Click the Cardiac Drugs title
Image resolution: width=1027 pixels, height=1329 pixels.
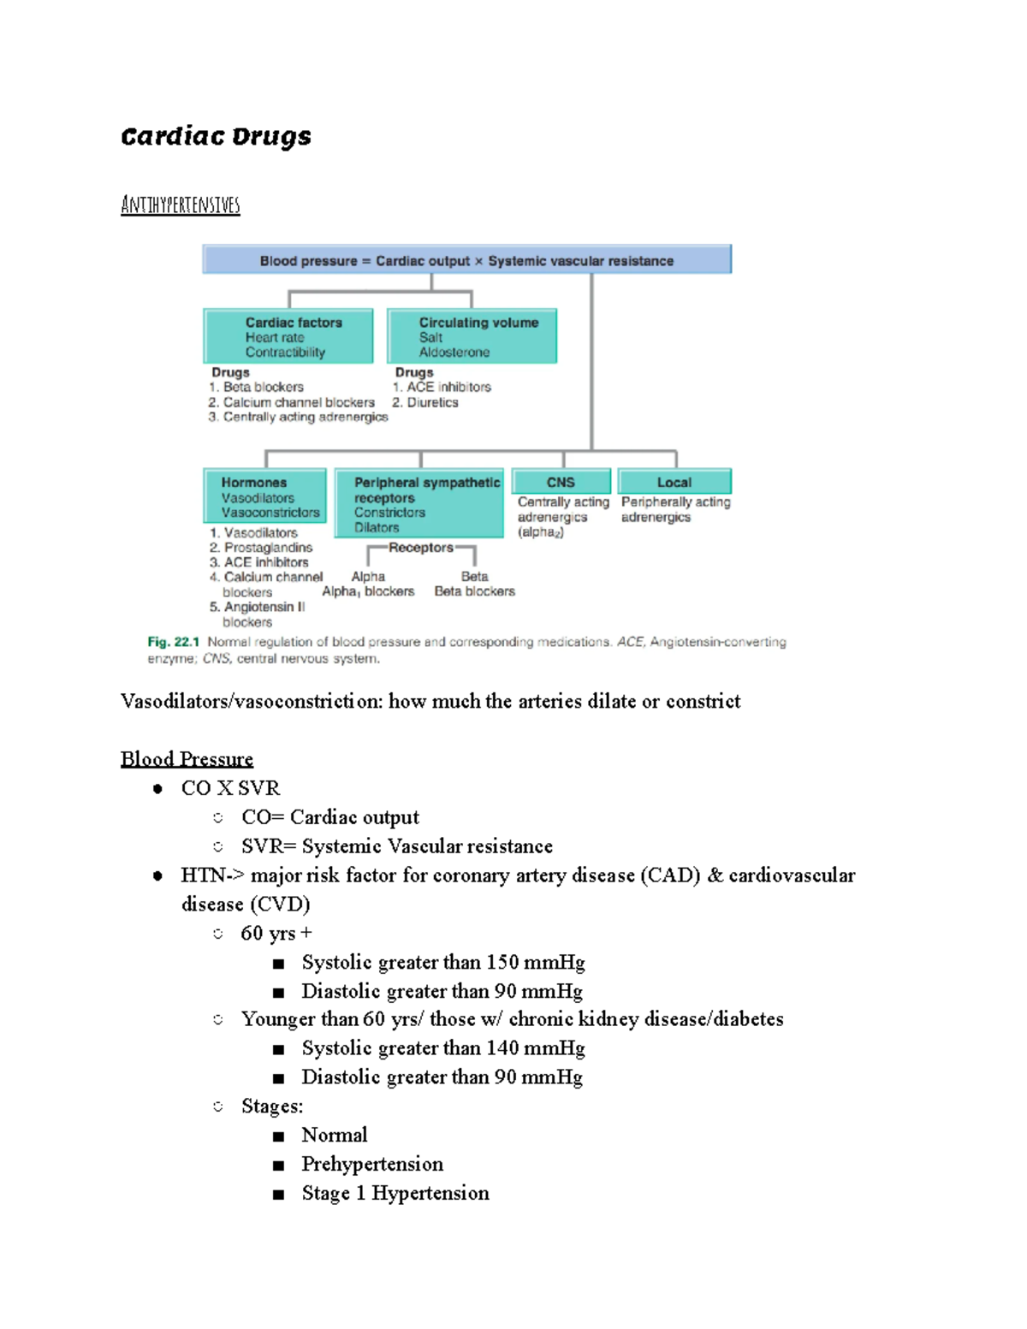tap(216, 136)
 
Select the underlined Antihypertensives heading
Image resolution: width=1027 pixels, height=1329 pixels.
tap(181, 205)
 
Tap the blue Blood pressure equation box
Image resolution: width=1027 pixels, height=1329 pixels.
tap(466, 260)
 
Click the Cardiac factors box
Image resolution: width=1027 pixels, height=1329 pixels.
tap(288, 336)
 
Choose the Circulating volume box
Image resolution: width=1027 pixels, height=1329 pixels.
tap(472, 336)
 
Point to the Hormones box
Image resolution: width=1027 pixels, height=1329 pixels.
tap(265, 496)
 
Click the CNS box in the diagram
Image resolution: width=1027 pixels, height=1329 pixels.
tap(561, 482)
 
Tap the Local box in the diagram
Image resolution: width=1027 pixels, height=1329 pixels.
tap(674, 482)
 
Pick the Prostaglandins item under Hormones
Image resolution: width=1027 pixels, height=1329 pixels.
tap(268, 548)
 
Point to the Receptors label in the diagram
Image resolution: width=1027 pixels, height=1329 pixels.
tap(421, 548)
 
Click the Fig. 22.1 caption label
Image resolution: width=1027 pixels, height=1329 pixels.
tap(173, 642)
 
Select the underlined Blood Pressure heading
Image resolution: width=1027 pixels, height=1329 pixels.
tap(187, 759)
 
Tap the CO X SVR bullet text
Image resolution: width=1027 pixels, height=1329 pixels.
tap(230, 788)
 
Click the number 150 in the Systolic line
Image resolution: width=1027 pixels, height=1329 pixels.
tap(502, 963)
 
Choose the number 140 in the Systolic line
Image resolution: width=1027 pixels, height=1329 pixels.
tap(502, 1048)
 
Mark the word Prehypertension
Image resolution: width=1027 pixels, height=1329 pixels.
tap(372, 1164)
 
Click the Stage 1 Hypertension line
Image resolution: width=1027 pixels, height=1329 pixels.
tap(395, 1193)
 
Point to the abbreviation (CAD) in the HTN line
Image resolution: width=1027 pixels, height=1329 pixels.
tap(670, 875)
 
